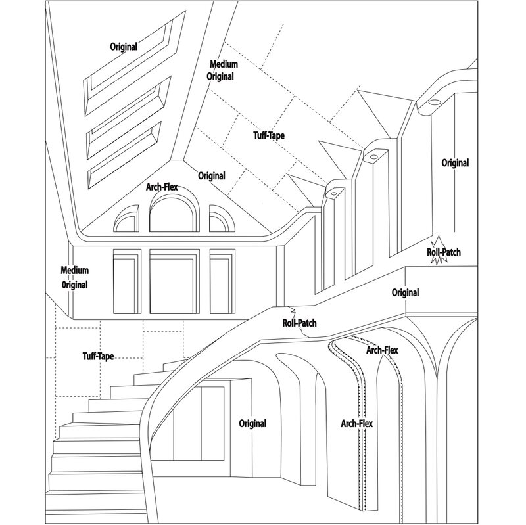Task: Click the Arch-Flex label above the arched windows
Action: (162, 187)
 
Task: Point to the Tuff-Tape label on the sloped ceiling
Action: (270, 136)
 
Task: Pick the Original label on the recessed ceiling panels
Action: (124, 47)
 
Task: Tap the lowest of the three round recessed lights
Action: (334, 194)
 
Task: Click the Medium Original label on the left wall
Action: (74, 278)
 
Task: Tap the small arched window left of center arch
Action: (126, 219)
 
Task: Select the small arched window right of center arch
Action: (221, 219)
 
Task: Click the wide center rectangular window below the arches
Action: (173, 280)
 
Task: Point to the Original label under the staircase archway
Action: (252, 424)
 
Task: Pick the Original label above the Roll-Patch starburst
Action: (455, 162)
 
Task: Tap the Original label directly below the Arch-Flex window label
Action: (212, 176)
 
